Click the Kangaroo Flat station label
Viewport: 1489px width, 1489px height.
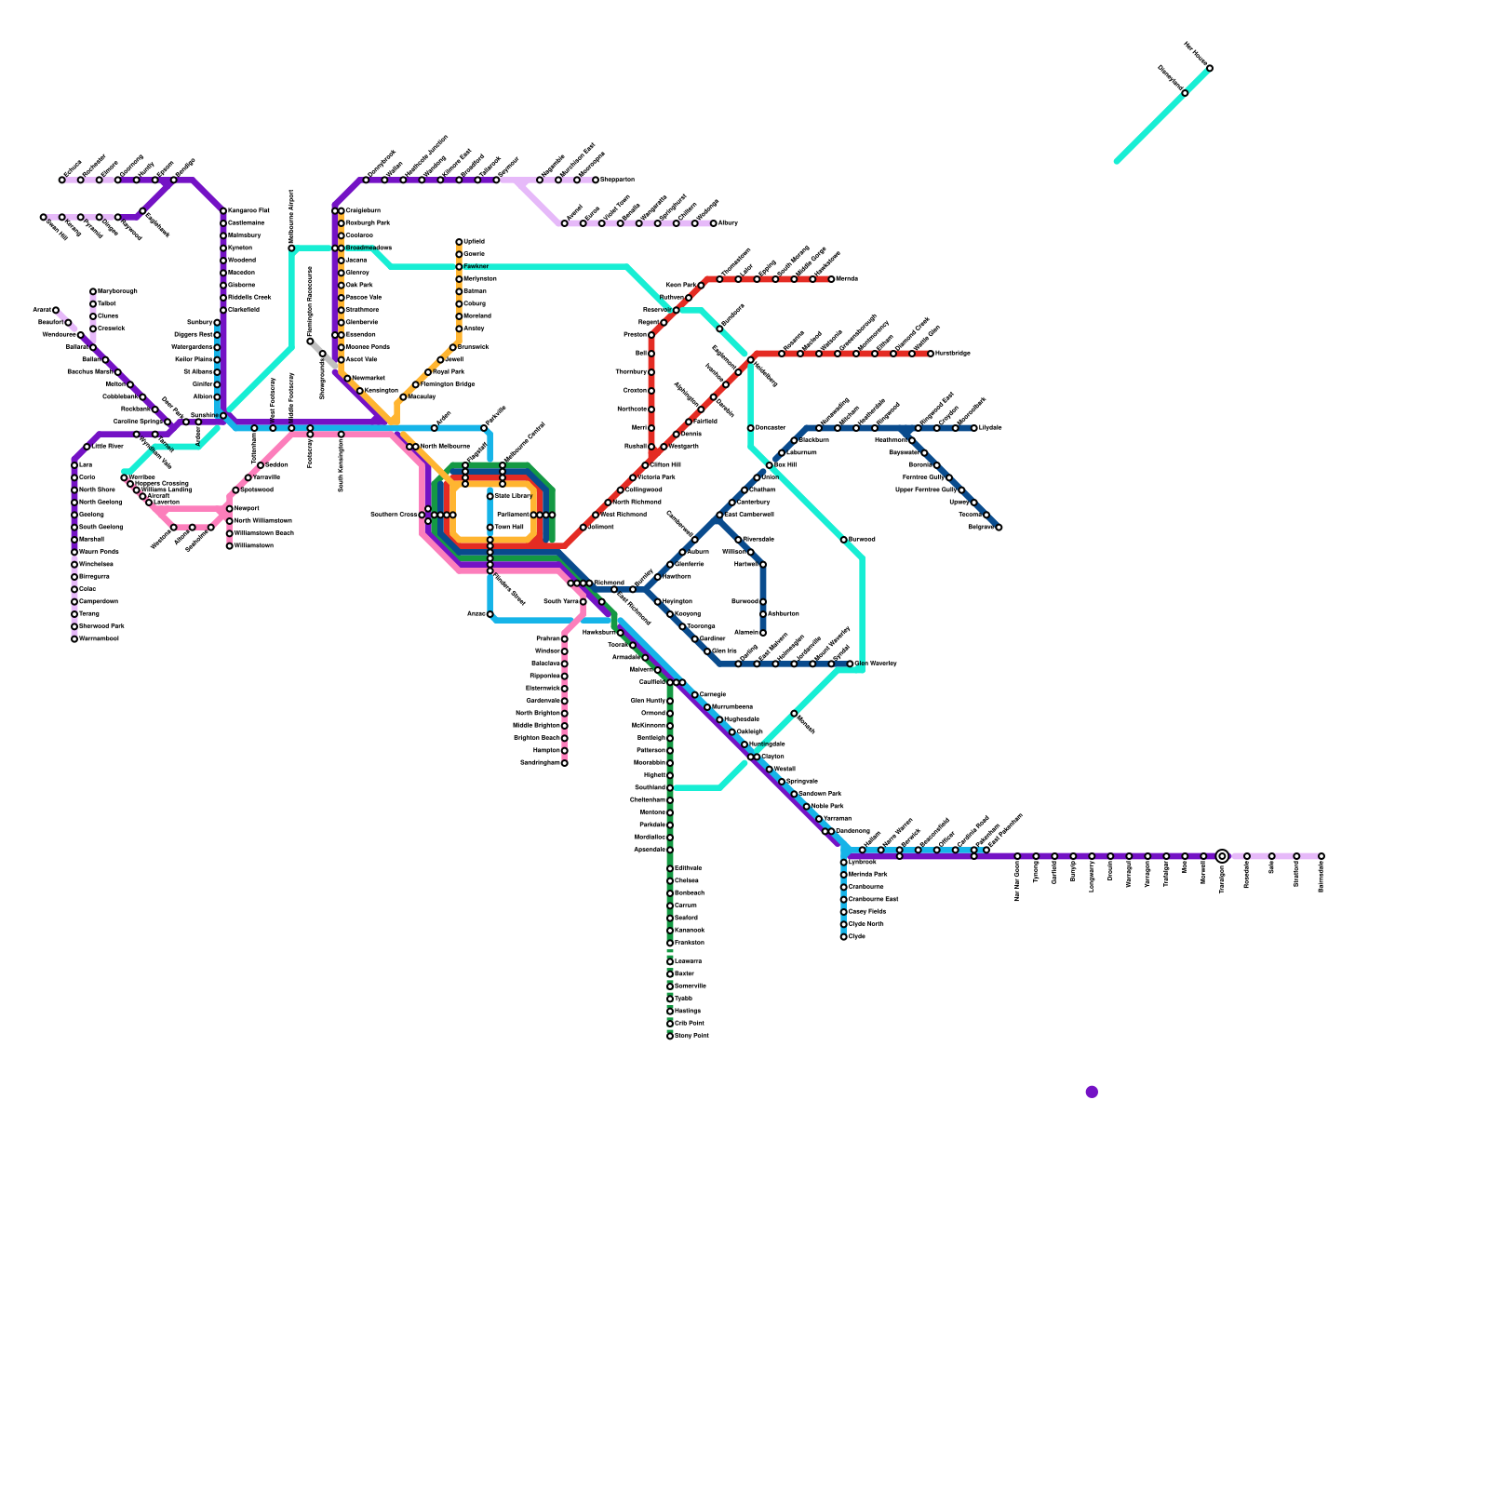pos(248,211)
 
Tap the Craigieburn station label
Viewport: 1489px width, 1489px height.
pos(363,211)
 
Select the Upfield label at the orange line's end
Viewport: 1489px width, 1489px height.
pos(474,242)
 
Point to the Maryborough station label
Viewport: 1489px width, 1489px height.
pos(117,291)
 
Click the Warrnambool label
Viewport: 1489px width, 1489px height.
pos(99,639)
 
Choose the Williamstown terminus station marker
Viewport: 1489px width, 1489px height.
pos(230,546)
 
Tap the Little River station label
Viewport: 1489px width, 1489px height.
pos(107,447)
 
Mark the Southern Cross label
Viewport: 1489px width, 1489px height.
pos(394,515)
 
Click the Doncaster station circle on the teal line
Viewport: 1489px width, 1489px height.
pos(751,428)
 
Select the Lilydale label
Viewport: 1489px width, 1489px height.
pos(990,428)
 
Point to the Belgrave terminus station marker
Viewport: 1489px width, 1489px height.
pos(999,528)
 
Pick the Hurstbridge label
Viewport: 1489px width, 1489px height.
pos(952,354)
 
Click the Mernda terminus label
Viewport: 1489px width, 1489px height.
pos(847,279)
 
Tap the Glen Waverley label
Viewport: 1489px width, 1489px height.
pos(875,664)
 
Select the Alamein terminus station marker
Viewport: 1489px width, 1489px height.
pos(763,633)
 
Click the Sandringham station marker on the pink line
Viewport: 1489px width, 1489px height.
pos(565,763)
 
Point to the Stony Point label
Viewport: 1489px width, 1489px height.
pos(691,1036)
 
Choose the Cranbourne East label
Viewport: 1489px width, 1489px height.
pos(873,900)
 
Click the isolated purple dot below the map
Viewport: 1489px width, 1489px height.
pos(1092,1092)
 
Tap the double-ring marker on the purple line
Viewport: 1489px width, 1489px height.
pos(1222,856)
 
